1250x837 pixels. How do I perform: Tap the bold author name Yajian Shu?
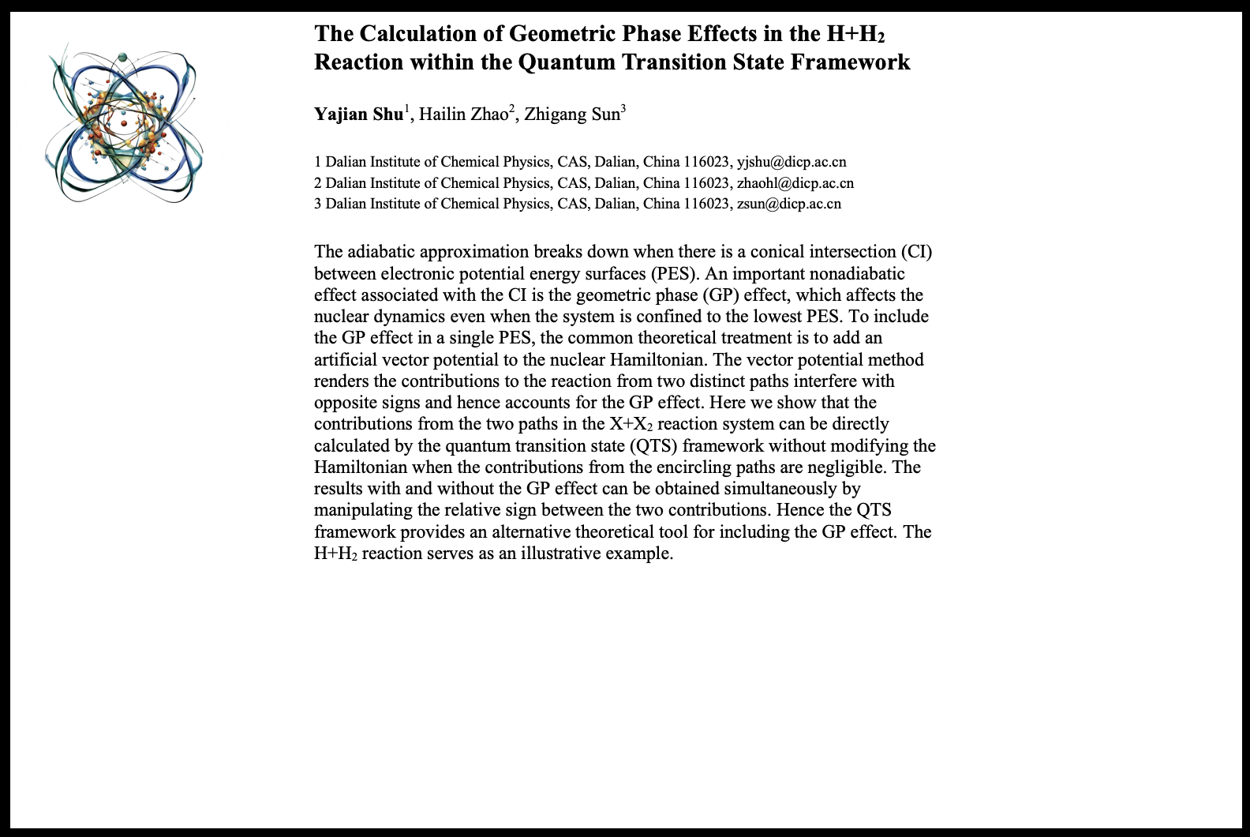pos(358,114)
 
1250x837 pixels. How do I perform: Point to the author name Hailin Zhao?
pos(463,114)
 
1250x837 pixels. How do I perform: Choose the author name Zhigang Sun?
pos(572,114)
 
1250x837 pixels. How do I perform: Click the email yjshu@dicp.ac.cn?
pos(791,163)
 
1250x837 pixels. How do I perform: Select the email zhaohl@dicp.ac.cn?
pos(795,183)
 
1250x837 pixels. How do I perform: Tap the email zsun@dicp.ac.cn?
pos(788,204)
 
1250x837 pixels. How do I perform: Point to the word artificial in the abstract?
pos(346,360)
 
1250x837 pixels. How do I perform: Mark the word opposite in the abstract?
pos(346,403)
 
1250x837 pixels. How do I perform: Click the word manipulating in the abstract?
pos(363,511)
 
